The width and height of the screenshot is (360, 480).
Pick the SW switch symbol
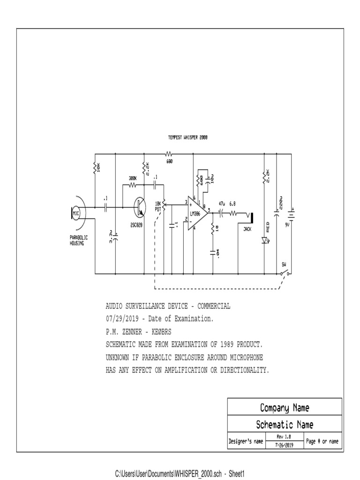point(285,271)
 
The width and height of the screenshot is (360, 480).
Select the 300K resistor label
point(133,178)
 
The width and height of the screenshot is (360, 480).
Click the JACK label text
point(247,229)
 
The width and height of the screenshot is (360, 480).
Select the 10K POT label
point(158,206)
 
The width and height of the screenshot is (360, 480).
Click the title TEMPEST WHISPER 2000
point(187,138)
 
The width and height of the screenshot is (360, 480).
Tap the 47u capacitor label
point(222,204)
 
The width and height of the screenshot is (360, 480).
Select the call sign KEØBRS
point(167,331)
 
